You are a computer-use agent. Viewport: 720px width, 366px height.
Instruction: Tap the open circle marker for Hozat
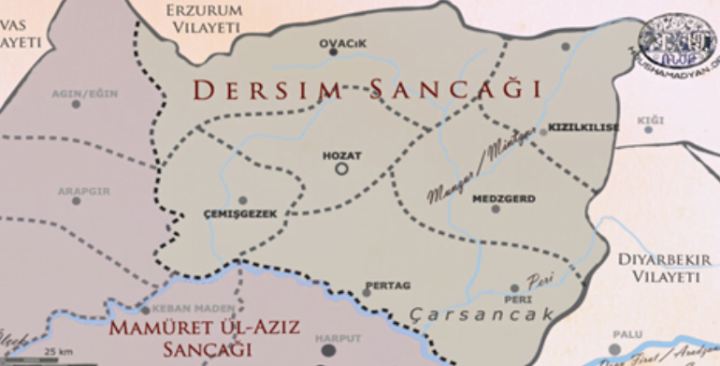click(341, 168)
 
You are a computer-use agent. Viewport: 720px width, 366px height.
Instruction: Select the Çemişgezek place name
click(240, 213)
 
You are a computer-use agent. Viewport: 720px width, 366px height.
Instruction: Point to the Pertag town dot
click(367, 292)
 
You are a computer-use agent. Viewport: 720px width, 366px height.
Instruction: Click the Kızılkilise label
click(583, 127)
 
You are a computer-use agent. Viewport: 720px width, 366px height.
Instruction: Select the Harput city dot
click(328, 351)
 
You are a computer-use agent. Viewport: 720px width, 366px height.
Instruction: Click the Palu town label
click(626, 334)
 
